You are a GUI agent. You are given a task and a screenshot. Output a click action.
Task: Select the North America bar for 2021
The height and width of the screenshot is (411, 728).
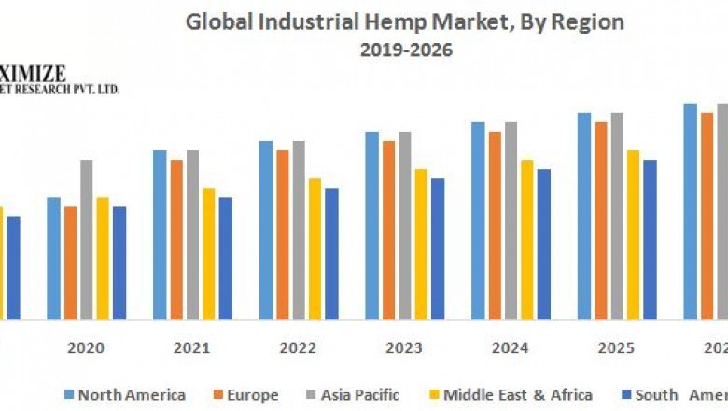click(160, 234)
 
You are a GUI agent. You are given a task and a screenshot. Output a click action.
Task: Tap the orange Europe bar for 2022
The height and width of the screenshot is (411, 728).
click(282, 234)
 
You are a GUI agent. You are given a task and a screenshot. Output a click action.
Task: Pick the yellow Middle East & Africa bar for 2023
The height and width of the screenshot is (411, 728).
click(421, 244)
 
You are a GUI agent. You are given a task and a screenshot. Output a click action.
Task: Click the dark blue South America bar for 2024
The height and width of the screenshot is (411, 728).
click(543, 244)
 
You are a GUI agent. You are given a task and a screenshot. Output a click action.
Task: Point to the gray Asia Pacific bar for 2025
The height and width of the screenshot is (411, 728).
click(617, 216)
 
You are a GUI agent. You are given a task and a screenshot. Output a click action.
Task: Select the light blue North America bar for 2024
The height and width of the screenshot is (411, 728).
click(478, 220)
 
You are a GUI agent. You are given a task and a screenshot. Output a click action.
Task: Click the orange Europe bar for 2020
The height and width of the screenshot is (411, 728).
click(70, 262)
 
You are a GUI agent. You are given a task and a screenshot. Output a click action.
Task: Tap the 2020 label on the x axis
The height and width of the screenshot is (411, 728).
click(86, 348)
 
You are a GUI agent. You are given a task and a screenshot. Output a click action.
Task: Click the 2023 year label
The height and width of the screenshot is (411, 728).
click(404, 348)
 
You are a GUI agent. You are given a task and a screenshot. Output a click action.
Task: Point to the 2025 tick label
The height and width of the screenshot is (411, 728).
click(616, 348)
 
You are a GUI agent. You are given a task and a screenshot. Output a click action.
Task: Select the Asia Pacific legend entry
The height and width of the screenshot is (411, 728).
click(359, 395)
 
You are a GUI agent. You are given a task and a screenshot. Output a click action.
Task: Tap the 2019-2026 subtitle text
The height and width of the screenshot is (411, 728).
click(406, 50)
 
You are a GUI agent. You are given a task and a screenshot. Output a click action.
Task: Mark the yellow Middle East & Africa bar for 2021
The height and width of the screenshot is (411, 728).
click(208, 253)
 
